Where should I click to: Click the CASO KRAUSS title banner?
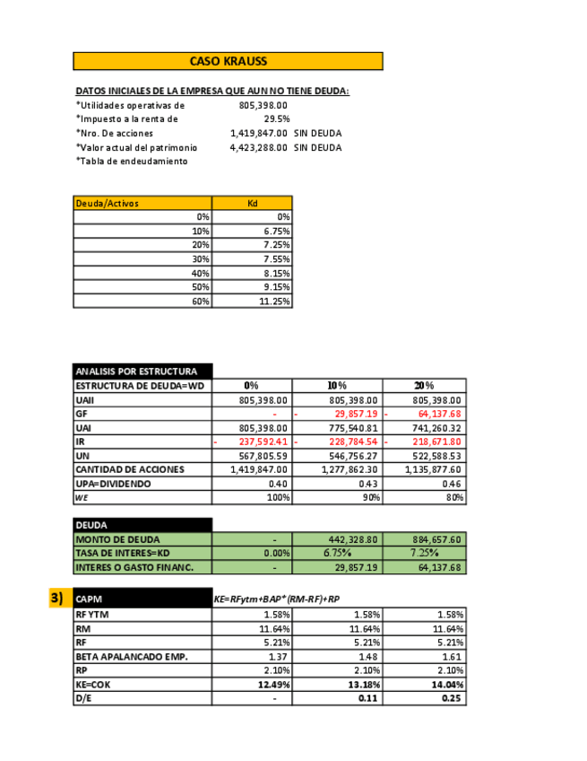tap(228, 61)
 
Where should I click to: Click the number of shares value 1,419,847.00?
tap(259, 133)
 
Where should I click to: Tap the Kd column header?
tap(252, 203)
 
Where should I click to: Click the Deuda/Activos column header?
tap(142, 203)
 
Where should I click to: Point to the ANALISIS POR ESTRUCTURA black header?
tap(142, 371)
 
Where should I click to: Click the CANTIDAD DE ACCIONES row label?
tap(130, 469)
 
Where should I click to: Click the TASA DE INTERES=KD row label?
tap(123, 553)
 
